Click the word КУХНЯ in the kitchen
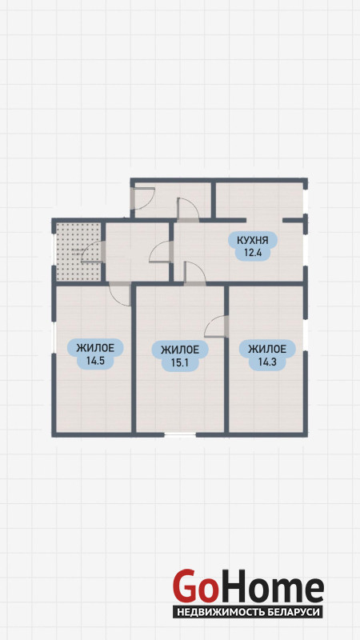pyautogui.click(x=254, y=240)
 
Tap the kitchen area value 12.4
pyautogui.click(x=252, y=252)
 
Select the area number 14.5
pyautogui.click(x=94, y=361)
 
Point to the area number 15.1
pyautogui.click(x=179, y=362)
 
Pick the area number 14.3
pyautogui.click(x=266, y=361)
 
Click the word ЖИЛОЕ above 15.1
pyautogui.click(x=180, y=350)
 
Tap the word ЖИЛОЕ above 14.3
pyautogui.click(x=267, y=349)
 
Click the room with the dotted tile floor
pyautogui.click(x=78, y=251)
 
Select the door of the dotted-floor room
pyautogui.click(x=93, y=251)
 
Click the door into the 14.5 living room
pyautogui.click(x=120, y=294)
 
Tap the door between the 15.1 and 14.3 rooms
pyautogui.click(x=216, y=326)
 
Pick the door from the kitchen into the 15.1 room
pyautogui.click(x=195, y=272)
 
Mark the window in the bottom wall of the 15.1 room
pyautogui.click(x=180, y=435)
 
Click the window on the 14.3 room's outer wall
pyautogui.click(x=306, y=333)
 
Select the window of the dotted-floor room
pyautogui.click(x=54, y=250)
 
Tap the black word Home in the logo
pyautogui.click(x=270, y=587)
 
